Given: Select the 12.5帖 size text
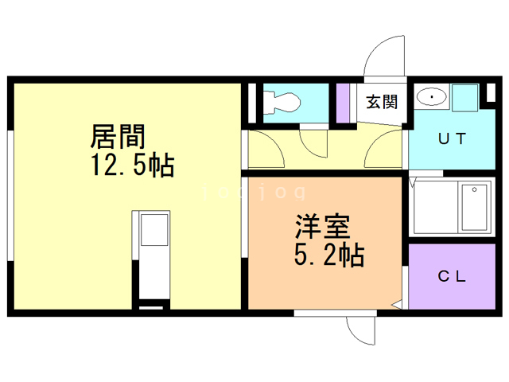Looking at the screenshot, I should tap(132, 166).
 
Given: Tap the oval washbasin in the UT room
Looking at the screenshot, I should tap(431, 96).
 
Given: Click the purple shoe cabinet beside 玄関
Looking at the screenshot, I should tap(344, 102).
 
